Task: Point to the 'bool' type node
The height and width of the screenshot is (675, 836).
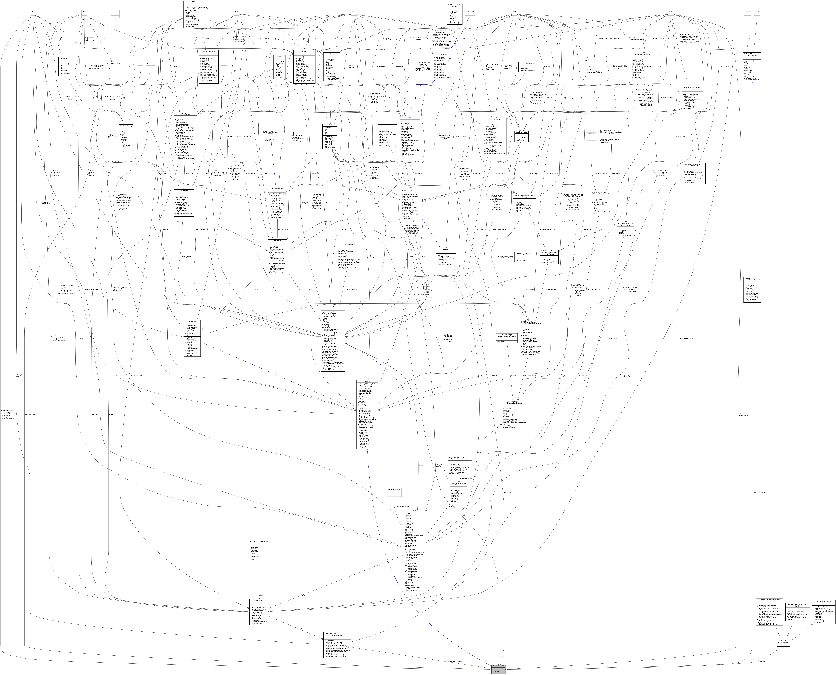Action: tap(236, 11)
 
